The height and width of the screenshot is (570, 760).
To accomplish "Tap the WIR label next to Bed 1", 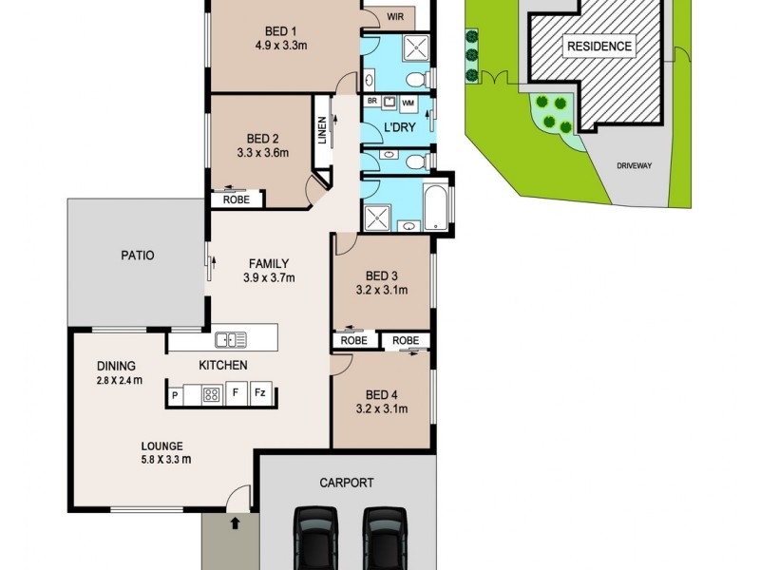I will [394, 16].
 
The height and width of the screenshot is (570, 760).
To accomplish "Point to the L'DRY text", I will [396, 126].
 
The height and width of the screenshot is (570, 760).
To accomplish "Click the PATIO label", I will [137, 256].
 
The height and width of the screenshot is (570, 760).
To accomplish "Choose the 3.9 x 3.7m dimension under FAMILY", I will [269, 278].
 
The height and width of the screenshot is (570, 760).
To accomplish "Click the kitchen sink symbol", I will [231, 338].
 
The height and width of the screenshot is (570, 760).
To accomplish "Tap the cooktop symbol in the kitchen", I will [211, 393].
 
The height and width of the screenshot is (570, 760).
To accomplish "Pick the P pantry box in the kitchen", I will [176, 393].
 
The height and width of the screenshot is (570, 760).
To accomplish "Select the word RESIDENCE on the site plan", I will [598, 47].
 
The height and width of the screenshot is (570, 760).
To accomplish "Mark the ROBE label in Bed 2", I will [236, 199].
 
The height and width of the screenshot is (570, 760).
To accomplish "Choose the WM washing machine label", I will [408, 102].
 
